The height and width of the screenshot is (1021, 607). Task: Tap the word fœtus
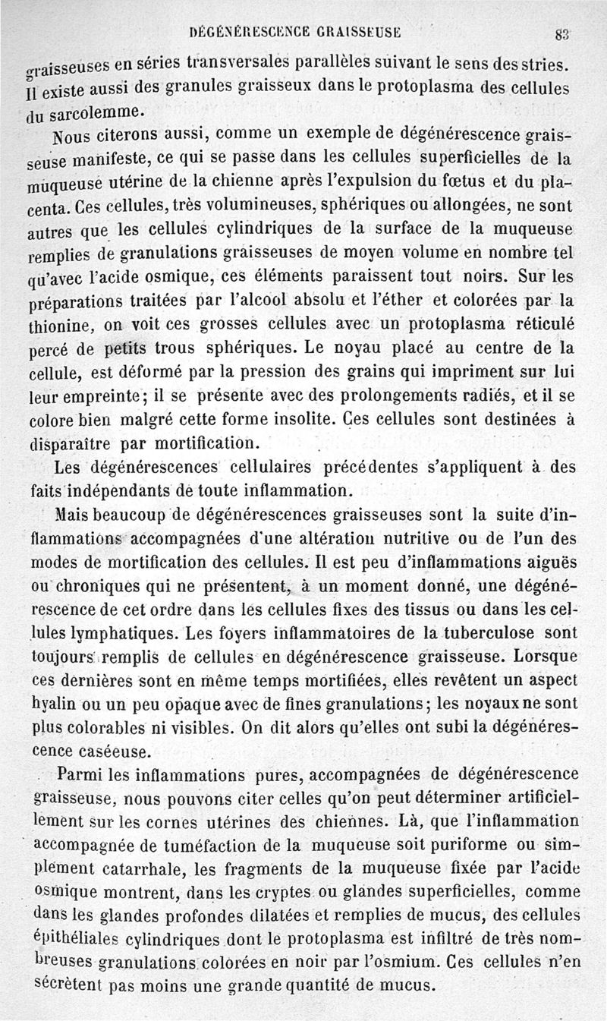(464, 182)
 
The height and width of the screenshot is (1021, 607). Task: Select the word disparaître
(69, 442)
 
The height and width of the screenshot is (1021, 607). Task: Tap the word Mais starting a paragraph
(74, 515)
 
